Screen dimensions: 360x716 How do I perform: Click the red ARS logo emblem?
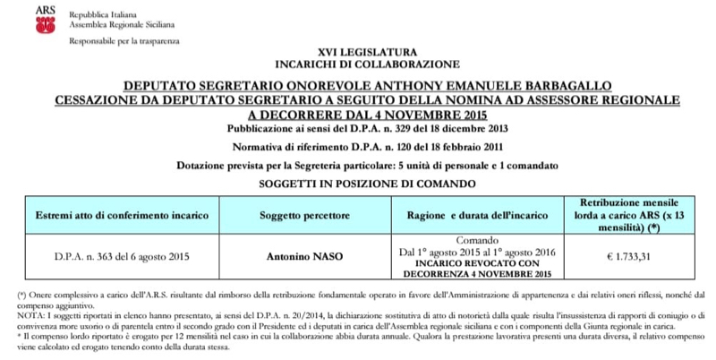tap(44, 22)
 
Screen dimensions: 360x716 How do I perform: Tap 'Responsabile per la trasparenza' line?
tap(124, 41)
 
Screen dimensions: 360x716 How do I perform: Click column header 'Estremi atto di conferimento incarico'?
tap(122, 217)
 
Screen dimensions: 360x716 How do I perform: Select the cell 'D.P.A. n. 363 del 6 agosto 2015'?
tap(122, 257)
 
